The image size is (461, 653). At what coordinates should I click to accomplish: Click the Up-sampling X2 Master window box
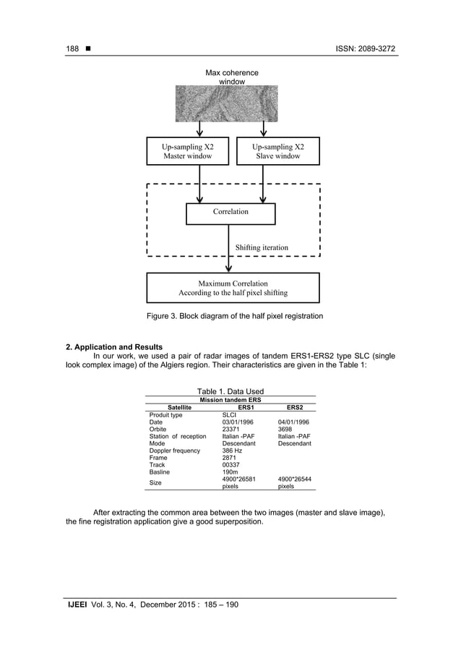pos(187,151)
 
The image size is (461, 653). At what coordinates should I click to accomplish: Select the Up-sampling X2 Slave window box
pos(278,151)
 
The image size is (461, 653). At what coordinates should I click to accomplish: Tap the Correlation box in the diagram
pos(231,213)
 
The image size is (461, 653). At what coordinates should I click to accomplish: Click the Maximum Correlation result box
pos(233,288)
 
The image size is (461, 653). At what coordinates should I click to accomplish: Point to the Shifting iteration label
pos(262,247)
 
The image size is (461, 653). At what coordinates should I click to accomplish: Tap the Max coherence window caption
pos(232,77)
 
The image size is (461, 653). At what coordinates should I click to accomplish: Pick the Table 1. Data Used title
pos(231,391)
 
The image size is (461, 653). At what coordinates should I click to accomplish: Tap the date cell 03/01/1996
pos(238,422)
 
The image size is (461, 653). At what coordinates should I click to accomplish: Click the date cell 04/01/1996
pos(293,422)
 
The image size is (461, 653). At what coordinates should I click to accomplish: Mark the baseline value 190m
pos(231,472)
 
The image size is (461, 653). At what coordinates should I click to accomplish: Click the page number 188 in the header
pos(72,48)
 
